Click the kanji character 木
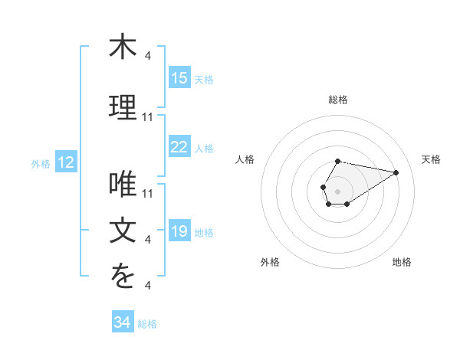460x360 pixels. click(123, 47)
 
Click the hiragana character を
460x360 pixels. click(123, 277)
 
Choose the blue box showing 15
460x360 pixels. click(179, 77)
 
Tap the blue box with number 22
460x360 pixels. click(179, 147)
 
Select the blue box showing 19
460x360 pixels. click(179, 231)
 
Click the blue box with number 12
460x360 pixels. click(65, 162)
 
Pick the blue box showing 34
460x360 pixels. click(123, 322)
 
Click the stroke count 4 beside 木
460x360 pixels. click(148, 55)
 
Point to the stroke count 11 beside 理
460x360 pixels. click(148, 116)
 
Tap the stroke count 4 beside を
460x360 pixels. click(148, 286)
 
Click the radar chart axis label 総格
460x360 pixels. click(337, 100)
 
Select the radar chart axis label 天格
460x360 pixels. click(432, 159)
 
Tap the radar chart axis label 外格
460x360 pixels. click(270, 262)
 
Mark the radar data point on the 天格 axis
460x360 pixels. click(396, 172)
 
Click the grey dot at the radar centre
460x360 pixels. click(337, 190)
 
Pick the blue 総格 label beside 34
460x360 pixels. click(147, 324)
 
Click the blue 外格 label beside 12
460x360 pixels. click(40, 163)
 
